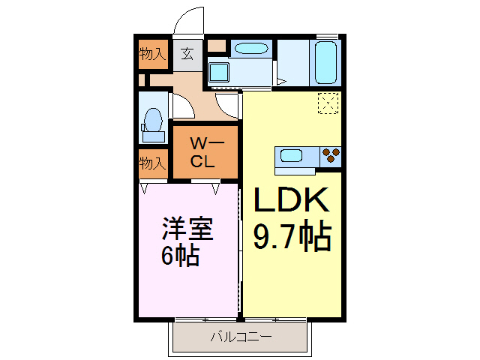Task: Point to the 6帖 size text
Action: pyautogui.click(x=179, y=256)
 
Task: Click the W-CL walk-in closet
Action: pyautogui.click(x=203, y=152)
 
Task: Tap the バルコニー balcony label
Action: pyautogui.click(x=240, y=337)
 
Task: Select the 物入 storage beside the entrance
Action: pyautogui.click(x=153, y=54)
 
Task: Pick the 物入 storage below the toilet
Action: pyautogui.click(x=153, y=162)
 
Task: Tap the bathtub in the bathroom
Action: pyautogui.click(x=325, y=63)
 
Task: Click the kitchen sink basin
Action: pyautogui.click(x=292, y=157)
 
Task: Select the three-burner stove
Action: pyautogui.click(x=330, y=157)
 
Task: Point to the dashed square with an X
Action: pyautogui.click(x=328, y=103)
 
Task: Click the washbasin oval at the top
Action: pyautogui.click(x=250, y=49)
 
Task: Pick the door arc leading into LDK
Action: pyautogui.click(x=226, y=107)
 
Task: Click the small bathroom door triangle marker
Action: pyautogui.click(x=280, y=81)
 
